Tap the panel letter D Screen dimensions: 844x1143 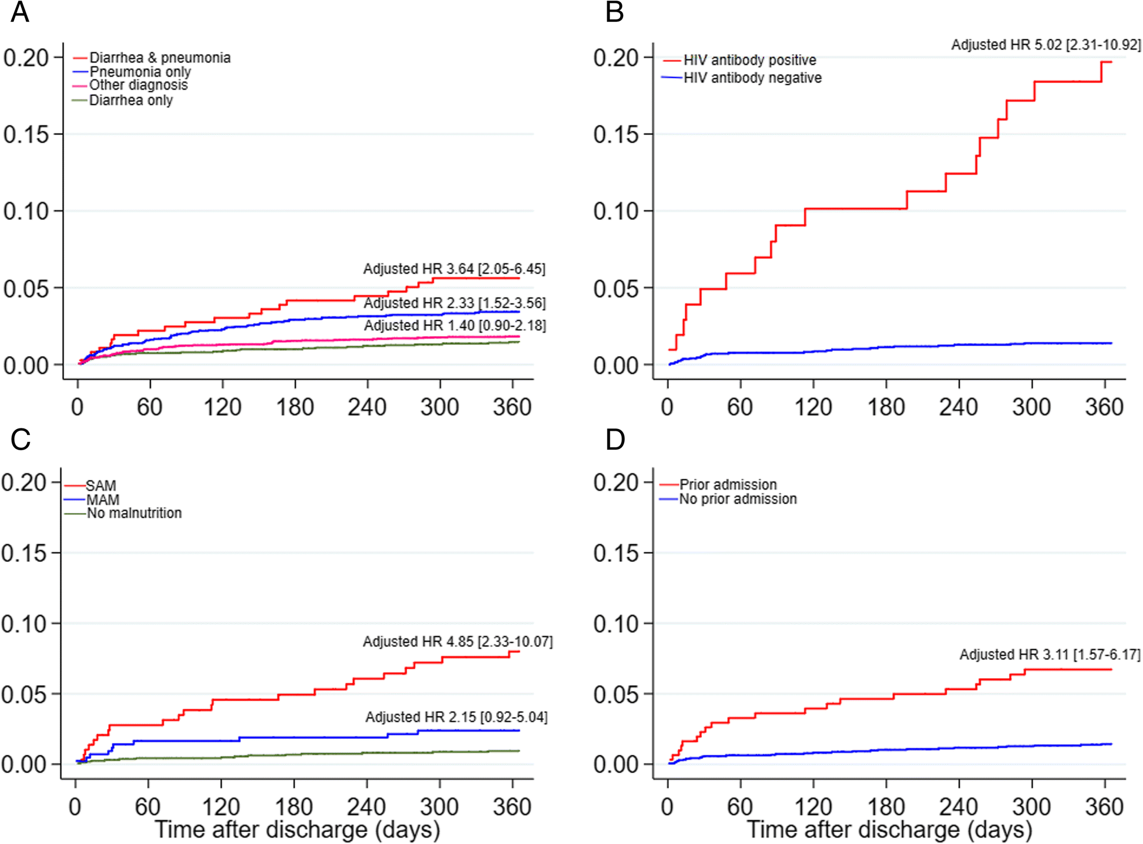615,440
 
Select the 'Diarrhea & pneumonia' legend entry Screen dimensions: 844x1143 159,58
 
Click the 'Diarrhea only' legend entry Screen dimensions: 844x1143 130,101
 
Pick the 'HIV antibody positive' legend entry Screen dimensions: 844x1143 749,60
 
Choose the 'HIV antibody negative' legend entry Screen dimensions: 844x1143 752,78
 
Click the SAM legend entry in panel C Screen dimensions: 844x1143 100,485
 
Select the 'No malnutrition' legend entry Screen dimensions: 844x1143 134,513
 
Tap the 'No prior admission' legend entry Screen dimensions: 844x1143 738,499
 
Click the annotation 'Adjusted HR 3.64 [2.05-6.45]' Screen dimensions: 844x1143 454,269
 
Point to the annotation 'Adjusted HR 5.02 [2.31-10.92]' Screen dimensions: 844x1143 1046,45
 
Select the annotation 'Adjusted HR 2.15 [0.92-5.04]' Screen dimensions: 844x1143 456,717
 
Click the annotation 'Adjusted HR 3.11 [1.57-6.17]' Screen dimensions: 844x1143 1050,654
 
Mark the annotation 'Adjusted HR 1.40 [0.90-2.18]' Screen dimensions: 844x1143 455,325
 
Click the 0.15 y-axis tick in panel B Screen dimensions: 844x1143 615,135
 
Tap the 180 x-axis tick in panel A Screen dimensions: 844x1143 295,407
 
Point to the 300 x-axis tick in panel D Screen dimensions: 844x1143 1031,806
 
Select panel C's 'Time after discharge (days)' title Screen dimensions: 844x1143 297,830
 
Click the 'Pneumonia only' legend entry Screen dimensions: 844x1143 140,72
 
